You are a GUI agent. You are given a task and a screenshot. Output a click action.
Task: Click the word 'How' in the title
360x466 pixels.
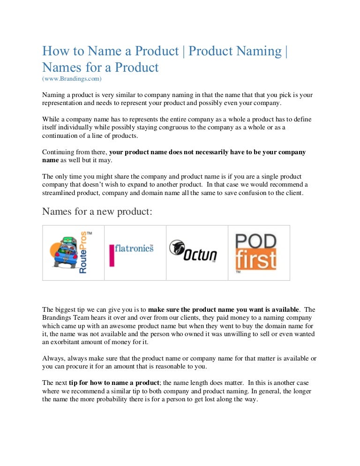coord(53,51)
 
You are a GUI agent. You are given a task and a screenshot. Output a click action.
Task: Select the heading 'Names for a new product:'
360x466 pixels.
coord(97,211)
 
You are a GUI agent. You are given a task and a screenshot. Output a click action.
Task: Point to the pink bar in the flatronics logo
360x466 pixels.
coord(112,255)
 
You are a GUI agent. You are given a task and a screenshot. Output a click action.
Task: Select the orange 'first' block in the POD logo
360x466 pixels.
coord(255,260)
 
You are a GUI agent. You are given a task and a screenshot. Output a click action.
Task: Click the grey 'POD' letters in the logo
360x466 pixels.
coord(255,241)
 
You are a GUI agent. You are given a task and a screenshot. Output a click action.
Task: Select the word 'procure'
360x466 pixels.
coord(71,367)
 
